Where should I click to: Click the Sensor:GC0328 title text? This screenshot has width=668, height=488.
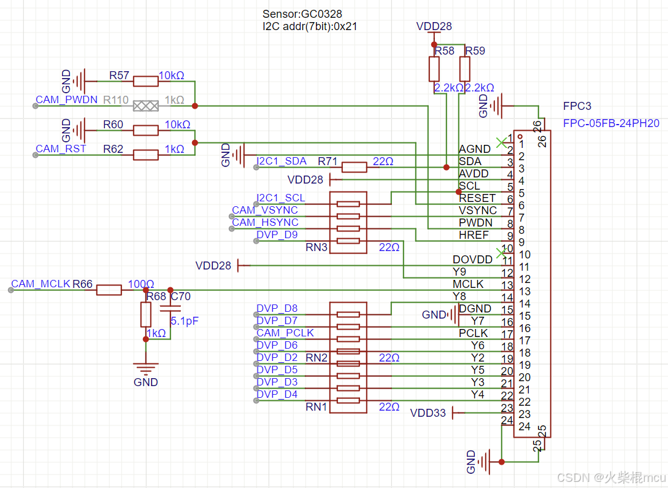(x=302, y=14)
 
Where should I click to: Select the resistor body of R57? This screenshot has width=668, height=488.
(x=146, y=81)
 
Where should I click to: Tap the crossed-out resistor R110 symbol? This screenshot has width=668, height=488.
(x=146, y=106)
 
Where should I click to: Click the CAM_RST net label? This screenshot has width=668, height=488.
(x=61, y=149)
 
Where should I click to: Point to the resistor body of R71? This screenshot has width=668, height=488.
(x=354, y=167)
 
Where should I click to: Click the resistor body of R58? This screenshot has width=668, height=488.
(x=434, y=69)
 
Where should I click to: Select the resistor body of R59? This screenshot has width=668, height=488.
(x=465, y=69)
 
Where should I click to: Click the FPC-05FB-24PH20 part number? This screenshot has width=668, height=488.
(x=611, y=123)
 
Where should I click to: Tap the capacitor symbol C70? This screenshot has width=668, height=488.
(x=171, y=308)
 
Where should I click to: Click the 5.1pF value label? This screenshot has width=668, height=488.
(x=185, y=321)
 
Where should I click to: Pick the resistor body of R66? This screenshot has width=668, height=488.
(x=109, y=290)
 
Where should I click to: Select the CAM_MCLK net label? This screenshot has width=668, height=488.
(x=40, y=284)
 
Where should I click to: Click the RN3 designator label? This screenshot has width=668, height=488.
(x=316, y=247)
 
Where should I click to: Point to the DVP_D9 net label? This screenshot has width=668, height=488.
(x=277, y=235)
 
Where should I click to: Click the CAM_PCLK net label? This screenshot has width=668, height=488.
(x=285, y=333)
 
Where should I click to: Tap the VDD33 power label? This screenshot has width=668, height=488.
(x=428, y=413)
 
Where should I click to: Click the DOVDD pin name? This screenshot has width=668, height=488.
(x=472, y=260)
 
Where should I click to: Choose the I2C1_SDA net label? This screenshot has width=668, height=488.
(x=281, y=161)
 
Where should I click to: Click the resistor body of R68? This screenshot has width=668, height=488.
(x=146, y=314)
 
